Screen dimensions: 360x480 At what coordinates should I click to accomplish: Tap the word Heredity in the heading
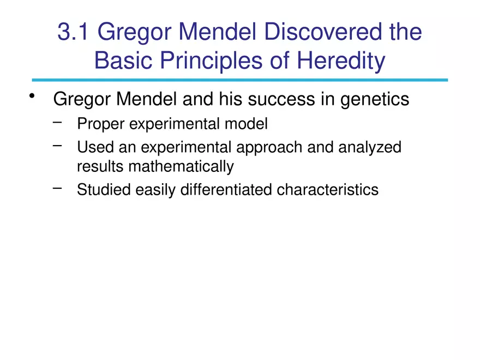click(x=341, y=61)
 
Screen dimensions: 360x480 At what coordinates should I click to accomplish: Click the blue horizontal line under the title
click(x=240, y=80)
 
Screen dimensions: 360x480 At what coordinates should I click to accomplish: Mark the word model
click(x=247, y=124)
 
